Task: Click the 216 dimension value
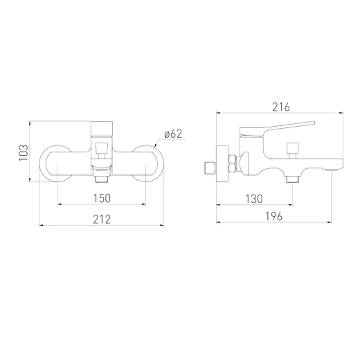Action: [281, 107]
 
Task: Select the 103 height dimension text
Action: [24, 153]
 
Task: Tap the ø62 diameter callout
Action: [173, 134]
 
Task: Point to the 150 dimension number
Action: [102, 198]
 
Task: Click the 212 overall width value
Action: [102, 219]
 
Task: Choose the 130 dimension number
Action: [254, 199]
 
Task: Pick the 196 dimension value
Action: [273, 217]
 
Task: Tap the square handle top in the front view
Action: [102, 129]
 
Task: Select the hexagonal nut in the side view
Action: [232, 163]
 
